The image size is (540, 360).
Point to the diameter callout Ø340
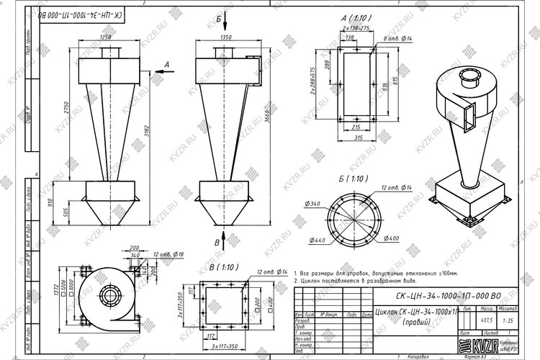(314, 205)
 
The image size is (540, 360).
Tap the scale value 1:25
(507, 319)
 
